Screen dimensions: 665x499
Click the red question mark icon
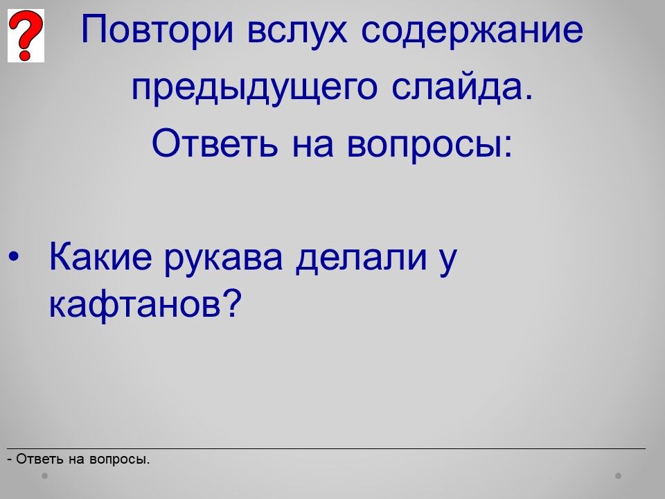coord(26,35)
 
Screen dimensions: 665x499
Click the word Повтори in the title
coord(157,30)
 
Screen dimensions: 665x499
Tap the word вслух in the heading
coord(297,30)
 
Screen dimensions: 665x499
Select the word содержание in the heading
coord(472,30)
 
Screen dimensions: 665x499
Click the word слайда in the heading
coord(461,87)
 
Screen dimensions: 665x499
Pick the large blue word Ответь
coord(215,143)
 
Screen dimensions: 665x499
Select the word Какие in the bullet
coord(100,256)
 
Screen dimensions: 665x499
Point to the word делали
coord(361,257)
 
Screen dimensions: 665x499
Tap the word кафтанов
coord(135,304)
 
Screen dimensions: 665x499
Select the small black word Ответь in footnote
coord(40,459)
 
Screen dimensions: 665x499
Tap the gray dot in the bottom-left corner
coord(44,476)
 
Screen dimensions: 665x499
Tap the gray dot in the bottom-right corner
coord(619,476)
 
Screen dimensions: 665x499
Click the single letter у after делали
coord(448,261)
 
